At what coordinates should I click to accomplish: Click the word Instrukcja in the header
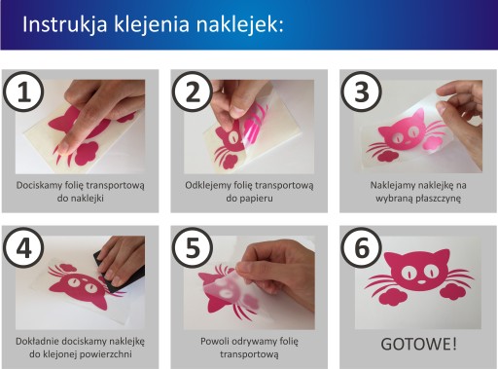click(65, 24)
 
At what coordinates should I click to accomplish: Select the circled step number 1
click(23, 92)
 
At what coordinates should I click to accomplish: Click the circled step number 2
click(193, 92)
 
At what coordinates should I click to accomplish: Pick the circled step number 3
click(362, 92)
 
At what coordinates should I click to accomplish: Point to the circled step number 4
click(23, 248)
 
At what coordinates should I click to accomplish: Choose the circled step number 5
click(193, 248)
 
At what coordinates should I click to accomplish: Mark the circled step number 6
click(362, 248)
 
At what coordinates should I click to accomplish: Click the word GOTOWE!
click(418, 344)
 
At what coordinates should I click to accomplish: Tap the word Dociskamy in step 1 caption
click(38, 185)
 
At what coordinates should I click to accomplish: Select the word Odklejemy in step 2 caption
click(208, 185)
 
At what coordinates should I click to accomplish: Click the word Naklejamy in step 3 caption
click(392, 185)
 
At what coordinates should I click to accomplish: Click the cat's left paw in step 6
click(393, 296)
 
